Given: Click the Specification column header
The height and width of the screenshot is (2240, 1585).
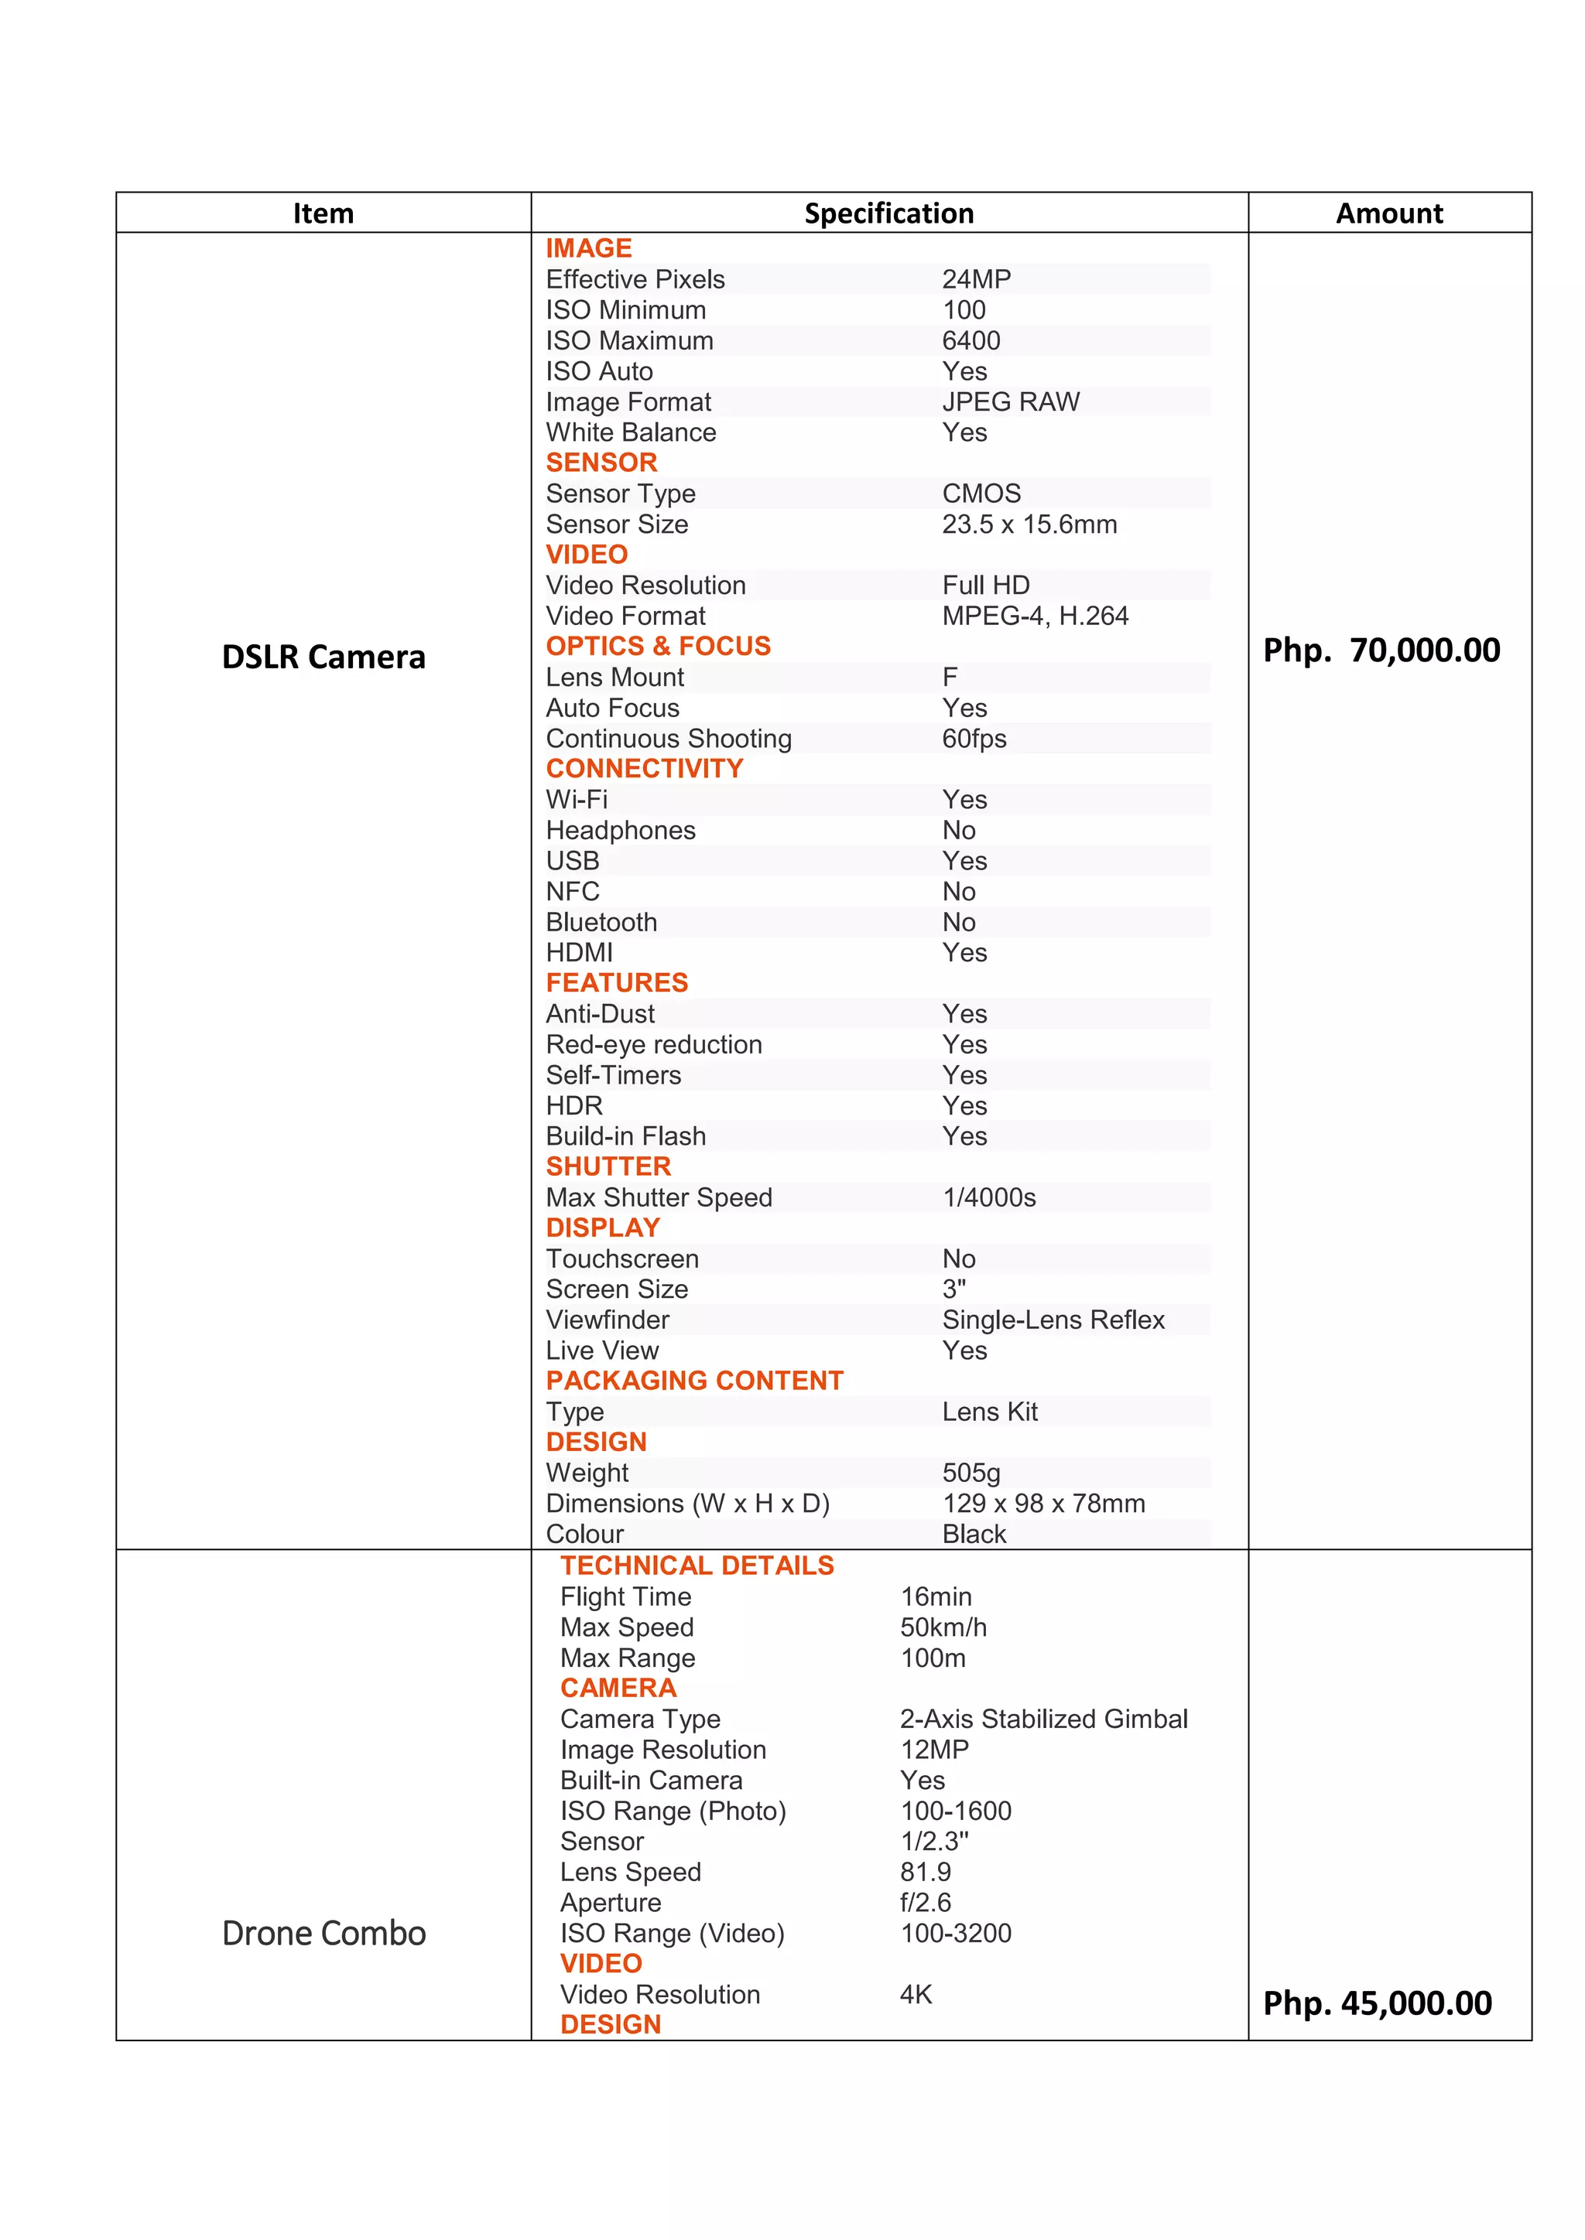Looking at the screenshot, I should tap(888, 213).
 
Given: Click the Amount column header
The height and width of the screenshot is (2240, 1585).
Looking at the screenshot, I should tap(1389, 213).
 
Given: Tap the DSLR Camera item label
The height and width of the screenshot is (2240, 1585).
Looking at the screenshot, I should tap(323, 657).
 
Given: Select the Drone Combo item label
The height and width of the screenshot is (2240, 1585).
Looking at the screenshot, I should tap(323, 1933).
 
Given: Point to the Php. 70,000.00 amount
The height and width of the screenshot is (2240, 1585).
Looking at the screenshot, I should tap(1381, 650).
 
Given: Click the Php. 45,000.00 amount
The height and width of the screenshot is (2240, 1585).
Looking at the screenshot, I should tap(1377, 2003).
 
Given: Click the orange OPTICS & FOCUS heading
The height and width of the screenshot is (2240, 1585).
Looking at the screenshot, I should tap(658, 646).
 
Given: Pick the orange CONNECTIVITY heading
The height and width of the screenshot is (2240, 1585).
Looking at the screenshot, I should tap(644, 769).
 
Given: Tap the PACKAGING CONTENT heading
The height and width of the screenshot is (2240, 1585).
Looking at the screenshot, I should tap(694, 1381).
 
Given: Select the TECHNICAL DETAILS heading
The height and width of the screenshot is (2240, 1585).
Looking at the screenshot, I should tap(697, 1566).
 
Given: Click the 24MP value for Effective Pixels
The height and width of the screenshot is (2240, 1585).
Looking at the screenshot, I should tap(976, 279).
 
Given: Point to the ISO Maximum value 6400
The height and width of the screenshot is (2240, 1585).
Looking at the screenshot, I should tap(971, 340).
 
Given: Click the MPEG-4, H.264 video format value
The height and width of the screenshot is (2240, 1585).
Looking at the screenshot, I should tap(1035, 616).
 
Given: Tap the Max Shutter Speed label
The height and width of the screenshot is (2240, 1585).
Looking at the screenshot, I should tap(659, 1197).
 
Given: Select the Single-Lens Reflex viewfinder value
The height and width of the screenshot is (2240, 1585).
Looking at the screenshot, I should tap(1053, 1320).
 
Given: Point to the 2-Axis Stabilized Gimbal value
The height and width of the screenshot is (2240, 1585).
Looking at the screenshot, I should tap(1043, 1719).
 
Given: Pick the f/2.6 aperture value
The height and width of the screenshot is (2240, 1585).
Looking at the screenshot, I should tap(926, 1903).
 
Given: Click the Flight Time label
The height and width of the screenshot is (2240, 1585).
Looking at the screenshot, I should tap(625, 1597).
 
